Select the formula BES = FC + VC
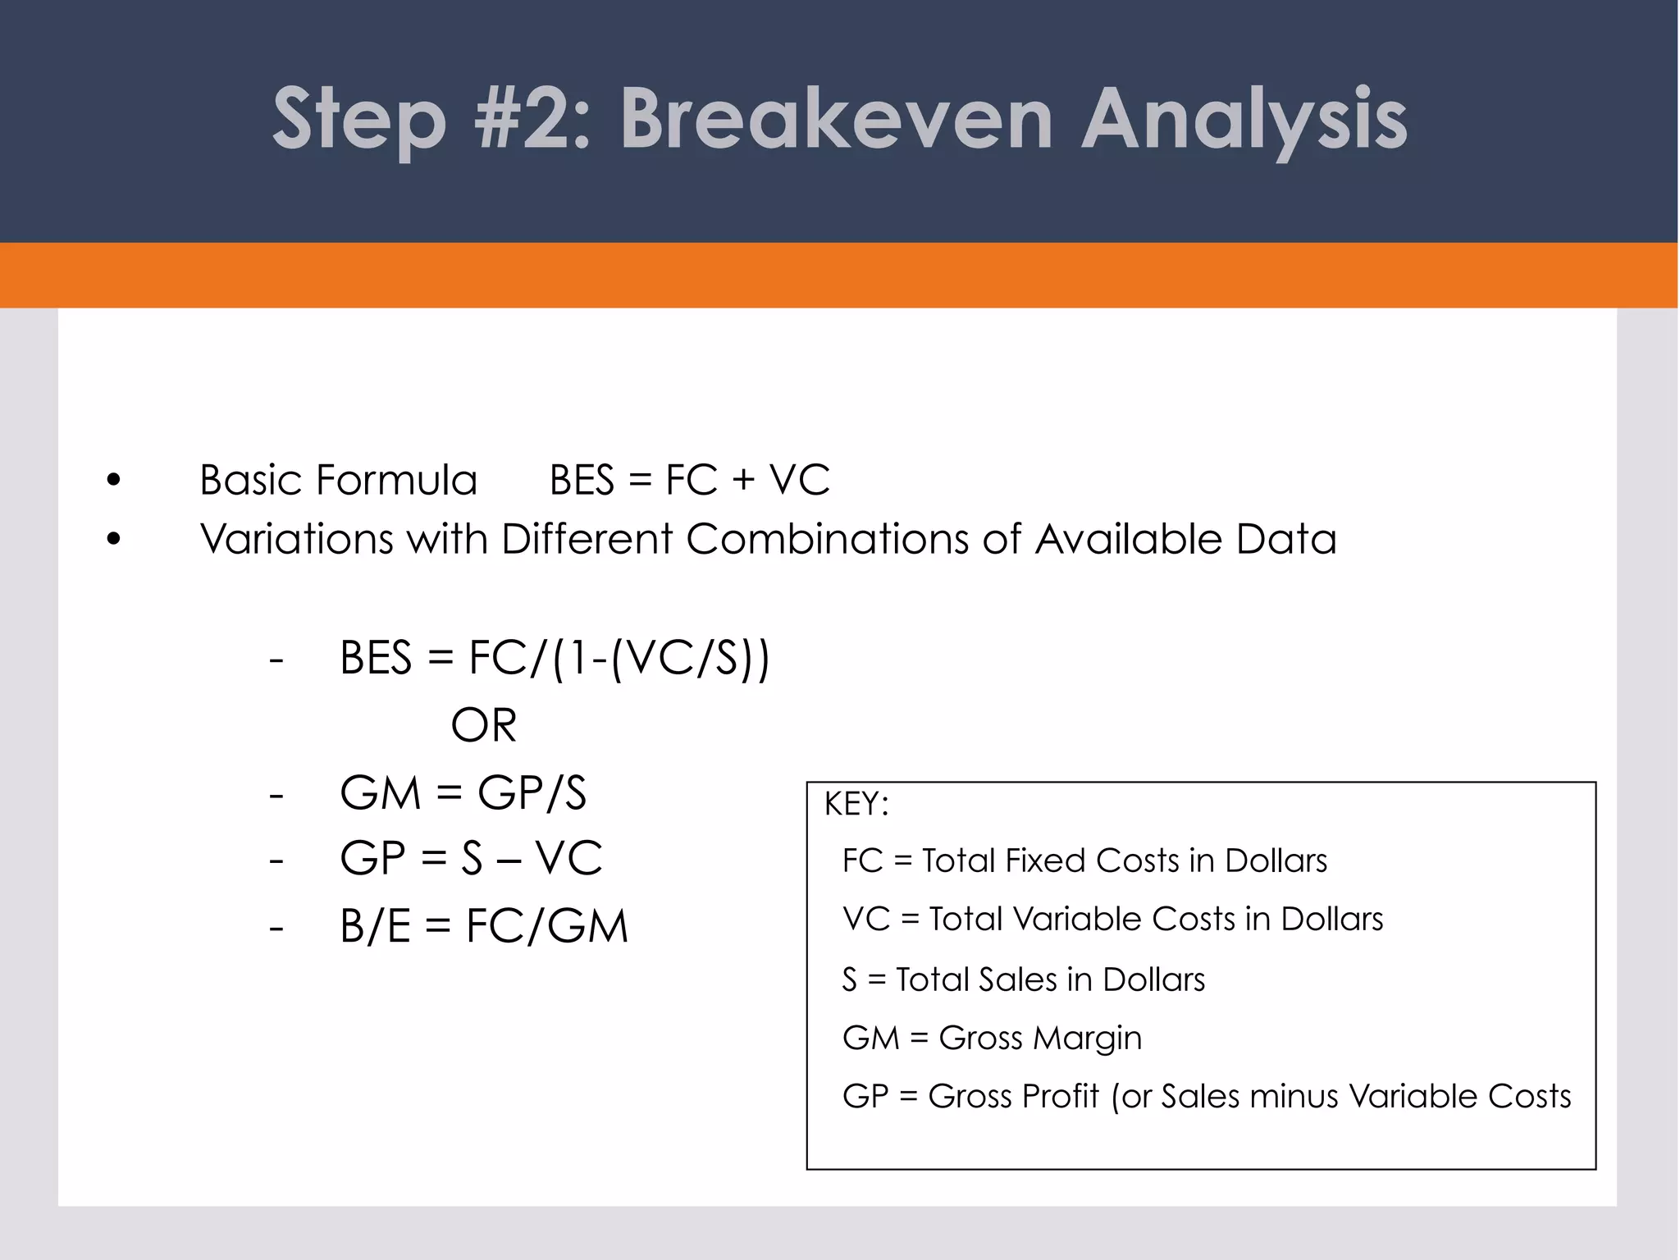(689, 480)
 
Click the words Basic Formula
(338, 480)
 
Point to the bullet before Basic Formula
(113, 481)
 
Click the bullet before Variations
(113, 540)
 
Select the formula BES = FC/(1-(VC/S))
(555, 658)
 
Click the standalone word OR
(484, 725)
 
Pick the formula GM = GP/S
(463, 793)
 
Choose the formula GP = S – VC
(471, 859)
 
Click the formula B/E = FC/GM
(484, 926)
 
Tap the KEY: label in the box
(856, 804)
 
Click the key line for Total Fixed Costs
(1084, 861)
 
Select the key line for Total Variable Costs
(1112, 919)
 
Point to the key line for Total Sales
(1024, 979)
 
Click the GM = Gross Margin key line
(992, 1038)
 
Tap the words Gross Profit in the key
(1013, 1096)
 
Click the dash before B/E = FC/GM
(276, 928)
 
